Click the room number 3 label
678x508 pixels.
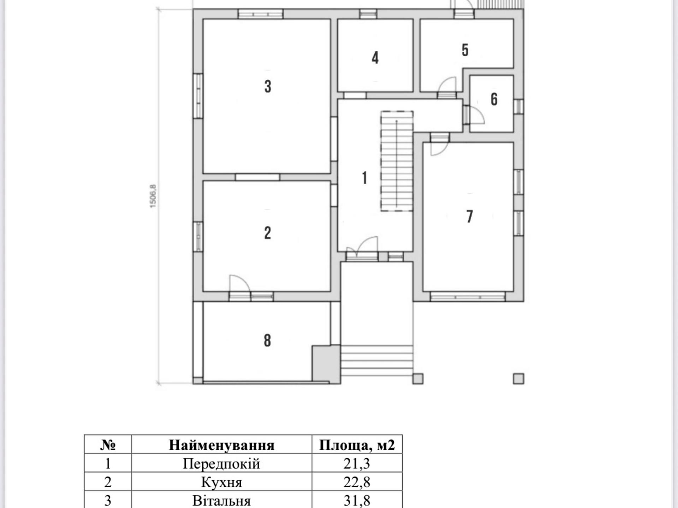pos(268,86)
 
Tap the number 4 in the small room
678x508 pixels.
pos(375,58)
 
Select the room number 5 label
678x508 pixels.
pos(465,50)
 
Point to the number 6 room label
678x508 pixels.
pos(494,99)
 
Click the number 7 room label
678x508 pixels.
pos(469,217)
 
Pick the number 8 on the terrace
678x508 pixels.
pos(267,340)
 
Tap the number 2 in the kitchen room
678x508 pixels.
pos(267,233)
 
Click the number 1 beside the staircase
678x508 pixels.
pos(364,178)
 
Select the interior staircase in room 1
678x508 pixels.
pos(397,161)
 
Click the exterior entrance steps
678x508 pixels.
pos(377,361)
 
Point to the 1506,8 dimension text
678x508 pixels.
pos(153,196)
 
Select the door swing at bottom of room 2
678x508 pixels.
pos(240,283)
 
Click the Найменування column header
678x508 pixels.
pos(221,445)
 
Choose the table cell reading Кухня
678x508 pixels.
pos(221,482)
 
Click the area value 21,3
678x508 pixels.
pos(357,464)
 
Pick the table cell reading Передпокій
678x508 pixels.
pos(221,464)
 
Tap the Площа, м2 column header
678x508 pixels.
pos(357,445)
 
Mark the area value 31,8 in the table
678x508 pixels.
pos(357,501)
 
